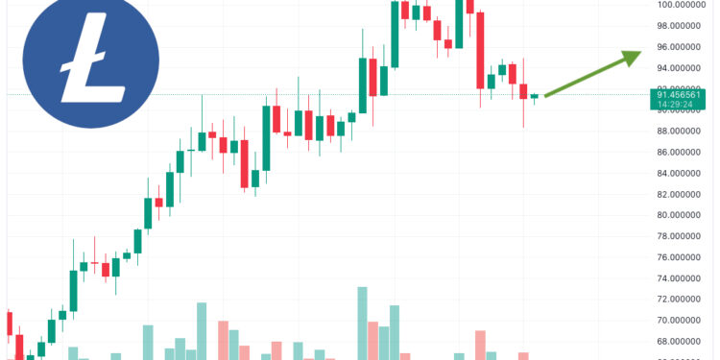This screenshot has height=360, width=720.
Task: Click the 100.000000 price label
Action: coord(684,5)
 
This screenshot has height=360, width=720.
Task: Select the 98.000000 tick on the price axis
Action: coord(684,26)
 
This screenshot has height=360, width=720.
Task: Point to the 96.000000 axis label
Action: coord(684,47)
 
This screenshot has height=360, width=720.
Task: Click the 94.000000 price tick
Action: coord(684,68)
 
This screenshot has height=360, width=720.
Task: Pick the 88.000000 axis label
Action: coord(684,132)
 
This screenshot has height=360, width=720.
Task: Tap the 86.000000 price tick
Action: coord(684,153)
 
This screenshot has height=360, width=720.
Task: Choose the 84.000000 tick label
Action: coord(684,174)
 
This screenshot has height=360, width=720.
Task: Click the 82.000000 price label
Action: coord(684,195)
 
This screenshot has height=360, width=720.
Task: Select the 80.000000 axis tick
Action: coord(684,216)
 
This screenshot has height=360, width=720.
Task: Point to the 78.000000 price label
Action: coord(684,237)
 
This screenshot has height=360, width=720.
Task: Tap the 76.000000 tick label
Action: coord(684,258)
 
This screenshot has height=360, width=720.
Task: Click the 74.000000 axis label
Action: coord(684,279)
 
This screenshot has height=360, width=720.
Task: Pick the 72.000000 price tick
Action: coord(684,300)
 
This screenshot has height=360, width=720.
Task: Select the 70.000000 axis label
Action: coord(684,322)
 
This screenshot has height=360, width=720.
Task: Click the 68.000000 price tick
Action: coord(684,343)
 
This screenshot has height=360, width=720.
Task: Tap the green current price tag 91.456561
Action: coord(684,95)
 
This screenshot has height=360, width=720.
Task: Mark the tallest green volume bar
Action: coord(362,323)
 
